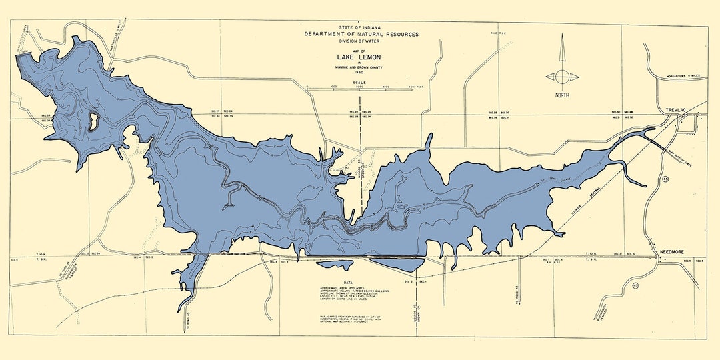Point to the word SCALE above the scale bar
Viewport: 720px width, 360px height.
[359, 82]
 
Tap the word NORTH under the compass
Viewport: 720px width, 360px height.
[562, 95]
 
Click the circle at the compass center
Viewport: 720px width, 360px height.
[562, 76]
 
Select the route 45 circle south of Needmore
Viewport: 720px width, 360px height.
[635, 286]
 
